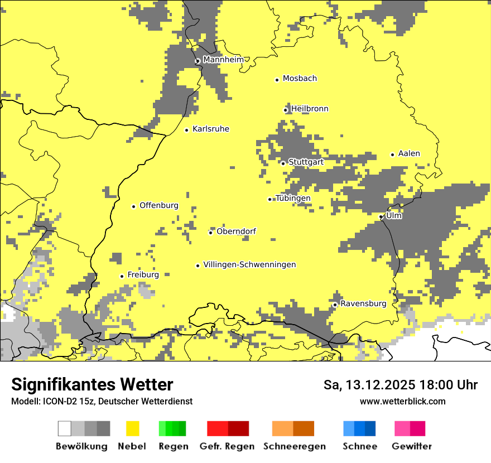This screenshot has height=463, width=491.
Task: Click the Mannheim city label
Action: pyautogui.click(x=223, y=60)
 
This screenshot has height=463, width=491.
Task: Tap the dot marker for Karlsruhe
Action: pyautogui.click(x=187, y=130)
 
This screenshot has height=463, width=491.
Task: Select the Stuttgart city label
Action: pyautogui.click(x=306, y=162)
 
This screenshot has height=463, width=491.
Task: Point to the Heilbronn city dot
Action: pyautogui.click(x=286, y=110)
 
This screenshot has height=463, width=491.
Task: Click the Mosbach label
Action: pyautogui.click(x=300, y=79)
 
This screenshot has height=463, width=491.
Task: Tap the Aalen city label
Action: pyautogui.click(x=409, y=153)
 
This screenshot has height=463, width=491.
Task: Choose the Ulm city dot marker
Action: pyautogui.click(x=381, y=216)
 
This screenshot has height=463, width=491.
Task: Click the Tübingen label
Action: pyautogui.click(x=293, y=198)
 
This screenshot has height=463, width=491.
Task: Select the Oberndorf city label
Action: pyautogui.click(x=236, y=231)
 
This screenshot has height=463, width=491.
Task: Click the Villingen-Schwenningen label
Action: pyautogui.click(x=249, y=264)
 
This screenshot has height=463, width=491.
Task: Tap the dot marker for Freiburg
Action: pyautogui.click(x=122, y=276)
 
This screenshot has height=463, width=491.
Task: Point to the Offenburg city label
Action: pyautogui.click(x=159, y=205)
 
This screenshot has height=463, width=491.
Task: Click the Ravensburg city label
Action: pyautogui.click(x=363, y=303)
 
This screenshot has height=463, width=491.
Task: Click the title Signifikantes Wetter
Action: pyautogui.click(x=92, y=384)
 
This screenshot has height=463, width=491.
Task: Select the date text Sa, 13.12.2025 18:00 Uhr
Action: pyautogui.click(x=401, y=385)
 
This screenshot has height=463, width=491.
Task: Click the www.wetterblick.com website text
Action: pyautogui.click(x=402, y=401)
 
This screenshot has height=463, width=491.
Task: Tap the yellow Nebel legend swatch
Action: pyautogui.click(x=133, y=428)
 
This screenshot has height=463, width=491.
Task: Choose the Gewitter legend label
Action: pyautogui.click(x=412, y=446)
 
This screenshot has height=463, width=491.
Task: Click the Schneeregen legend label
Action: pyautogui.click(x=295, y=446)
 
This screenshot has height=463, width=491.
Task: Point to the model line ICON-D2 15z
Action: pyautogui.click(x=102, y=401)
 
